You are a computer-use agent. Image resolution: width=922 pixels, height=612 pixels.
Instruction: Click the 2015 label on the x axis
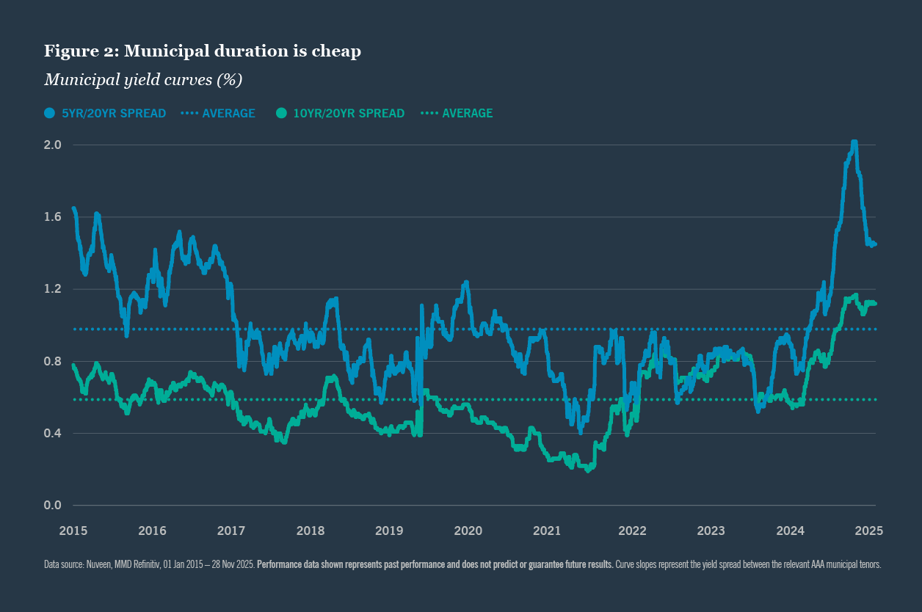[73, 531]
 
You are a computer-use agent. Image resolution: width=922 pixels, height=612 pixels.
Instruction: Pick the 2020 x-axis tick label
[468, 531]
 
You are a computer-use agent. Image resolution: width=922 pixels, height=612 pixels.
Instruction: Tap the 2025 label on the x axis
[868, 531]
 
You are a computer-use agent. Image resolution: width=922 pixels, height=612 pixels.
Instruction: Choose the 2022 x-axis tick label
[632, 531]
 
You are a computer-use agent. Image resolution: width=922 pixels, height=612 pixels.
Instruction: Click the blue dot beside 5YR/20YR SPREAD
[50, 113]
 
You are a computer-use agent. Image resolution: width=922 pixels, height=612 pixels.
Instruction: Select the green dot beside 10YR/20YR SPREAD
[282, 113]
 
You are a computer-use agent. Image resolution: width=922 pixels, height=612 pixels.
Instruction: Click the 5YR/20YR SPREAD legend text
[114, 113]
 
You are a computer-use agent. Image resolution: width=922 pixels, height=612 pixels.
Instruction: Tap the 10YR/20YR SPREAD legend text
[349, 113]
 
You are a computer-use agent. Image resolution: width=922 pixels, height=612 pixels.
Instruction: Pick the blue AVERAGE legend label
[228, 113]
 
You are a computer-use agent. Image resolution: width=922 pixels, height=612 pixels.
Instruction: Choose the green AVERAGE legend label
[467, 113]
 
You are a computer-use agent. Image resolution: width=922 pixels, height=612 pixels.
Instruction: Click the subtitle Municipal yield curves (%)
[143, 79]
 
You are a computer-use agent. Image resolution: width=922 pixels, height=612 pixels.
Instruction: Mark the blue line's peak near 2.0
[854, 142]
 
